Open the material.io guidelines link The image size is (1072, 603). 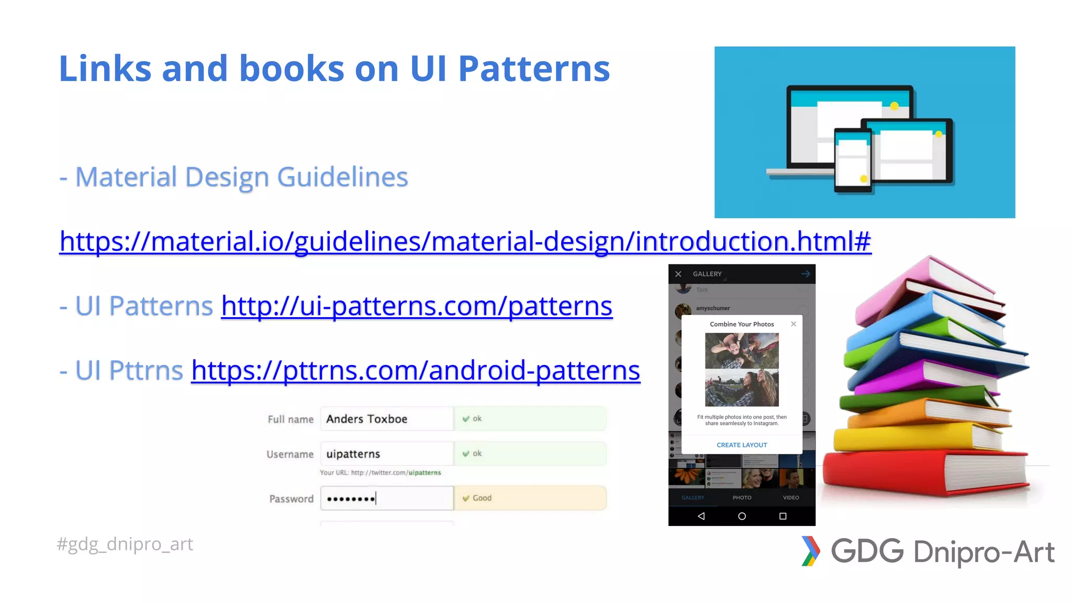(465, 242)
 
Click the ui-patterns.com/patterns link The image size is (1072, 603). (417, 306)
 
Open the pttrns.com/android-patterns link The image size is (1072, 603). (416, 371)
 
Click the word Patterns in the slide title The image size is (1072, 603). (534, 69)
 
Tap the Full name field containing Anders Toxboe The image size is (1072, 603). (386, 419)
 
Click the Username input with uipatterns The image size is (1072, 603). (386, 454)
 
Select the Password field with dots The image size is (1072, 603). (386, 498)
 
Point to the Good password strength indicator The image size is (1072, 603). (482, 498)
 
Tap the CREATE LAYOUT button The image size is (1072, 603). (742, 445)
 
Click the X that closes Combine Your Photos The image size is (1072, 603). (794, 324)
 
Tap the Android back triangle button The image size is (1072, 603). (701, 516)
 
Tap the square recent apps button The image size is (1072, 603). (783, 516)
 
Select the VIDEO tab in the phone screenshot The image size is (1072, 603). (791, 498)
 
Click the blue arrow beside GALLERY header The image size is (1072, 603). (806, 274)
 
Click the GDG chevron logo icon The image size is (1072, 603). (810, 551)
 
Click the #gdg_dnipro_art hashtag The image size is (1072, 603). (125, 544)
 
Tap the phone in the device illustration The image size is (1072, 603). (853, 160)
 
